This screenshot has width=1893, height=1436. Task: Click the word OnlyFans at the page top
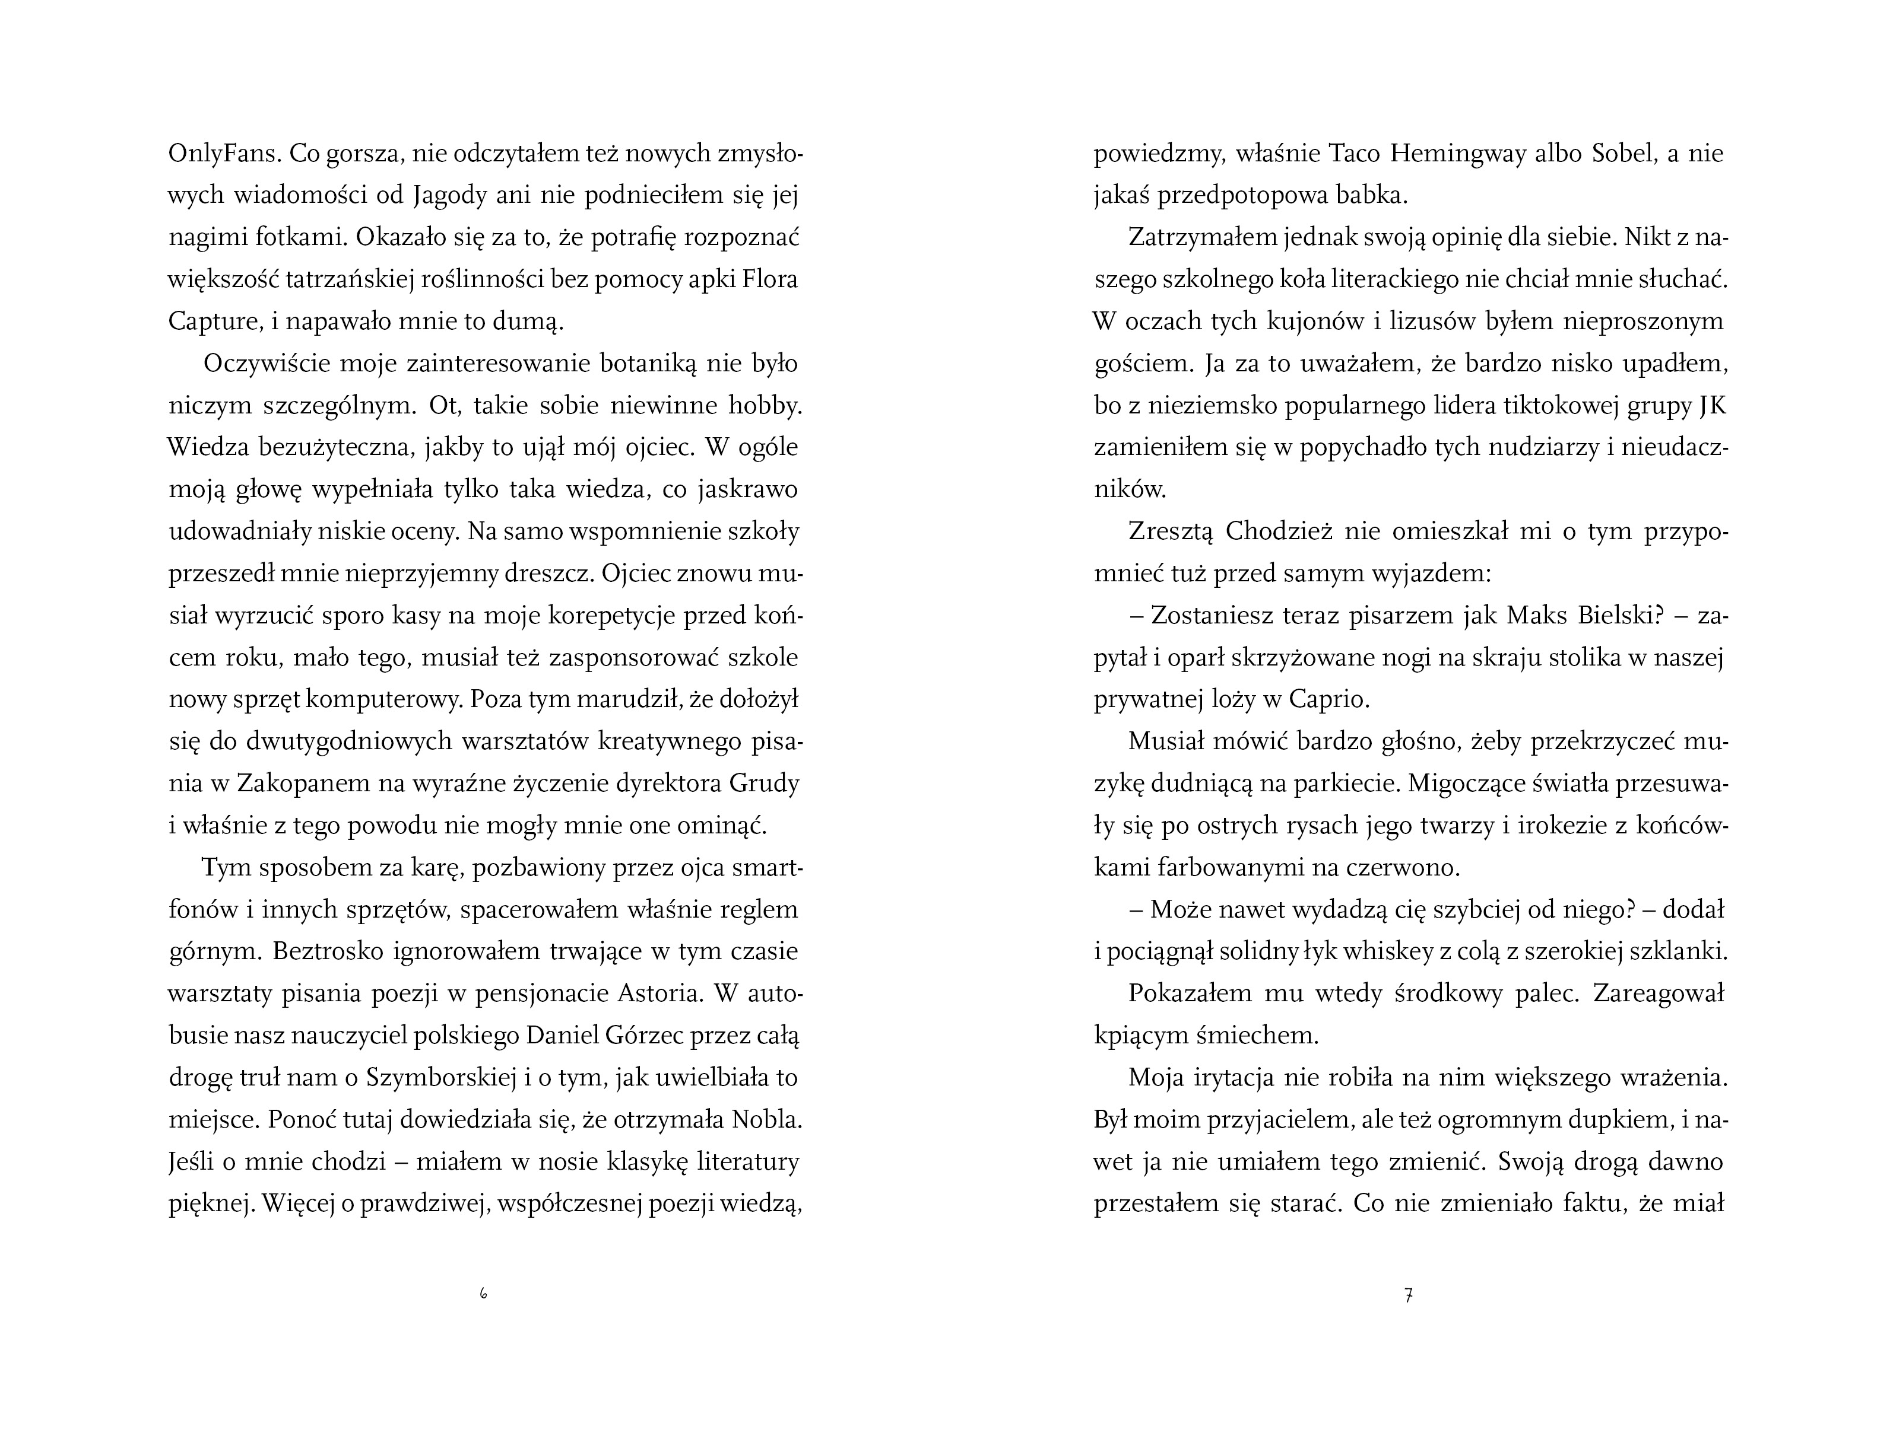point(223,154)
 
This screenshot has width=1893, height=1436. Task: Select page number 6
point(483,1295)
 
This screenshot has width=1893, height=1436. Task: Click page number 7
point(1409,1295)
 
